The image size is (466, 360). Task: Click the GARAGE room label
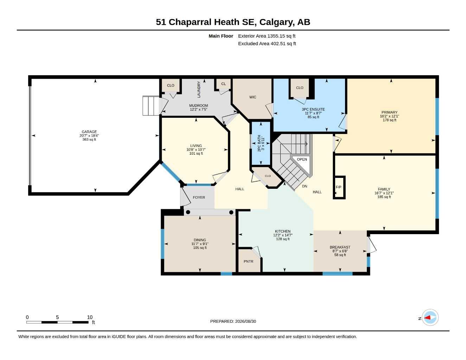[x=89, y=132]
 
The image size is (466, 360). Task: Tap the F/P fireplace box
[x=339, y=187]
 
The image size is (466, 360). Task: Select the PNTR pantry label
[x=248, y=262]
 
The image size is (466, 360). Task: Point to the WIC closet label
[x=253, y=97]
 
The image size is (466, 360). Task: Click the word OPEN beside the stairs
[x=302, y=159]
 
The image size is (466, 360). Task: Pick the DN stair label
[x=305, y=186]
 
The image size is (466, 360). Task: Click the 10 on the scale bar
[x=90, y=317]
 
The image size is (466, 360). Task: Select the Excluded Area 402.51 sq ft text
[x=267, y=44]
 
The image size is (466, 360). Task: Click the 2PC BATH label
[x=259, y=143]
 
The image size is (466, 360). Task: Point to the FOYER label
[x=199, y=197]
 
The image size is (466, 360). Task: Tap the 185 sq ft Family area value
[x=384, y=197]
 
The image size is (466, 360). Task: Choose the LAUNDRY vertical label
[x=199, y=89]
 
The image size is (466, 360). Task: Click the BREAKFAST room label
[x=340, y=247]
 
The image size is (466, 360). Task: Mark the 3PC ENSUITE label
[x=313, y=109]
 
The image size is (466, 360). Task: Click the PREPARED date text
[x=233, y=321]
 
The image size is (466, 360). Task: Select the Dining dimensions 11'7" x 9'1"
[x=200, y=244]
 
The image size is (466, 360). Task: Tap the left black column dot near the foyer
[x=188, y=212]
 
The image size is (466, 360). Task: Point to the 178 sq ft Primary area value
[x=389, y=120]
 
